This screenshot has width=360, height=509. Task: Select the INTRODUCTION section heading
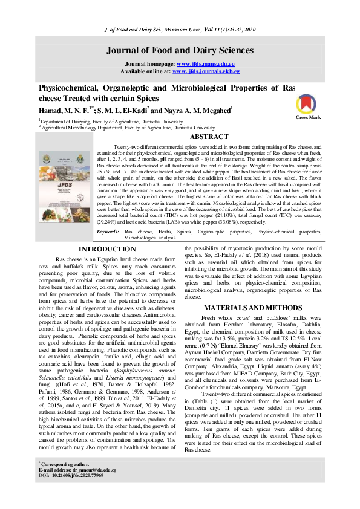pyautogui.click(x=108, y=249)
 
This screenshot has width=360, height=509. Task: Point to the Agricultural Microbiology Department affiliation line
pyautogui.click(x=128, y=128)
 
